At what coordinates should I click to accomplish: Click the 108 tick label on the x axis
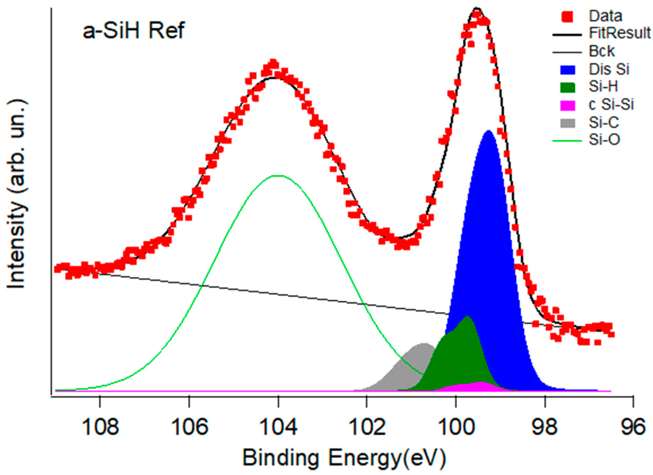coord(100,426)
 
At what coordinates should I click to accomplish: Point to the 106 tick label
coord(189,426)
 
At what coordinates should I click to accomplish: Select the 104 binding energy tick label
coord(278,426)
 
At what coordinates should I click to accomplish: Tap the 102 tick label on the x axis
coord(367,426)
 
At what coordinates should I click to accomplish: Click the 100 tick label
coord(456,426)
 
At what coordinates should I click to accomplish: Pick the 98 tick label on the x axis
coord(545,426)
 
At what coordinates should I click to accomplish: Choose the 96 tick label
coord(633,426)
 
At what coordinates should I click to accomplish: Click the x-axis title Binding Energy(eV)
coord(344,458)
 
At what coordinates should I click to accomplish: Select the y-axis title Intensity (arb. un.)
coord(17,194)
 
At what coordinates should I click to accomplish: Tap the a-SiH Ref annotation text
coord(134,31)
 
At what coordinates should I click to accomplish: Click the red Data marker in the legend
coord(567,16)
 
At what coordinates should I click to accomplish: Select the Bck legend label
coord(602,51)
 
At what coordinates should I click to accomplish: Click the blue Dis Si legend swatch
coord(567,70)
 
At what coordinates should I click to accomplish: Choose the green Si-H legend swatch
coord(567,87)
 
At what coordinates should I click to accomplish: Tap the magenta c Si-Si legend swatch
coord(567,105)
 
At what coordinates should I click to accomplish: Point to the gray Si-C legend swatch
coord(567,123)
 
